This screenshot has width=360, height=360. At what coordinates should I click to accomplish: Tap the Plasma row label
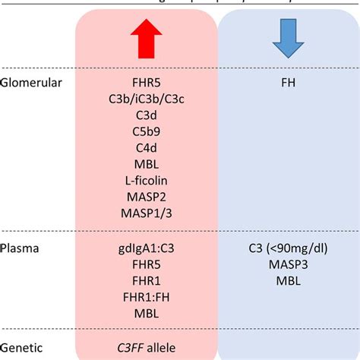21,248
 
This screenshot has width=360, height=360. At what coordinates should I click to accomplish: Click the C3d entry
147,115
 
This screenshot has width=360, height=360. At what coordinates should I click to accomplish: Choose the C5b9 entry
147,131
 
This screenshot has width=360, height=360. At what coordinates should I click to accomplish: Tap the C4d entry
147,148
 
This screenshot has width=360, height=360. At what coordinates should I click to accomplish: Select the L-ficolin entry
147,182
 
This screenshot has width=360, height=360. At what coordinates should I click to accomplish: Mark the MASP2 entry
147,198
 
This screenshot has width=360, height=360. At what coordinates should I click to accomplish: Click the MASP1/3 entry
147,215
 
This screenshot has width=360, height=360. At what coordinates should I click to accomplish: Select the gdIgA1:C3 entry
147,248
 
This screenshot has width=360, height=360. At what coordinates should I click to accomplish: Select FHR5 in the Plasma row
147,265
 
